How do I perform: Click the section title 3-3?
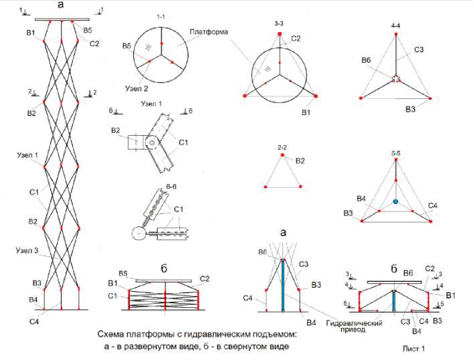coord(279,23)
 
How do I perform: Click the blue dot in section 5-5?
coord(396,201)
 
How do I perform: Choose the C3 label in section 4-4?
coord(419,50)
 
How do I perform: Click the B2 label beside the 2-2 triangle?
coord(300,161)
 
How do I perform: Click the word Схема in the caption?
coord(112,334)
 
